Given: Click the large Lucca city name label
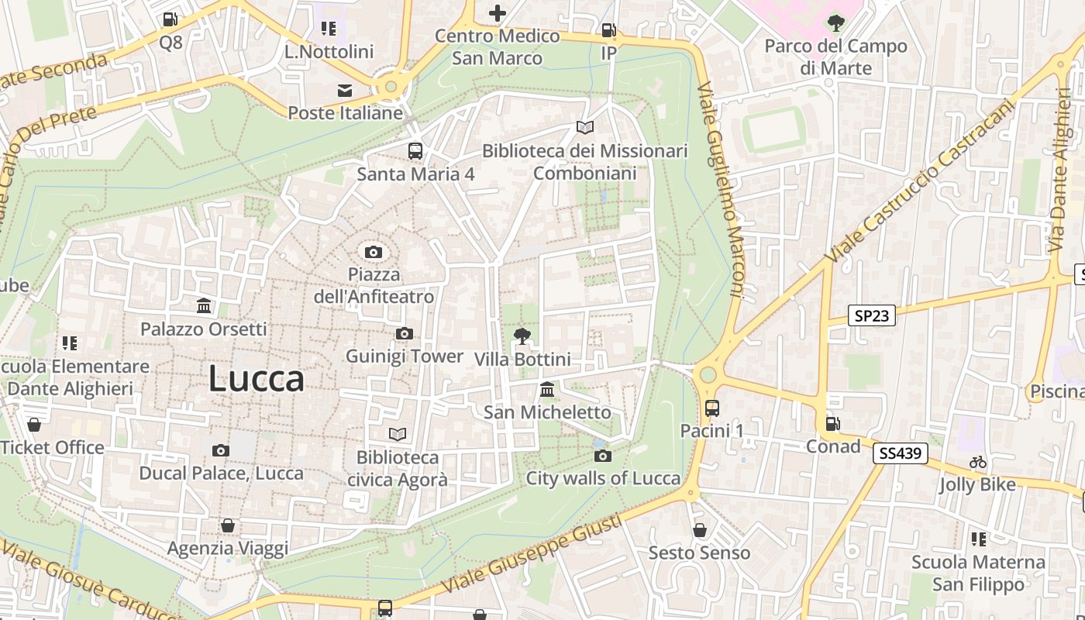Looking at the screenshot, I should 256,379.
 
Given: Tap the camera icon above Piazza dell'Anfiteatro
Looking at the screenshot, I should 374,252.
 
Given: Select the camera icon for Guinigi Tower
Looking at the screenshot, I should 404,334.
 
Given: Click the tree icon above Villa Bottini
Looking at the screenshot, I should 522,336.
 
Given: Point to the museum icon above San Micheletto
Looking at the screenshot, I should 547,389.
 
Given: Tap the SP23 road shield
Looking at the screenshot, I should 871,315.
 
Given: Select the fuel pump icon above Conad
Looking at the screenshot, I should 832,423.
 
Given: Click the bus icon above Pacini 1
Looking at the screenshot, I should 711,408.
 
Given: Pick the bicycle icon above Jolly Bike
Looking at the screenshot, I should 978,463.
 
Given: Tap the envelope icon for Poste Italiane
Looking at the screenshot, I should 345,91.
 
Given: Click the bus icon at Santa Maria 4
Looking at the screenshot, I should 415,151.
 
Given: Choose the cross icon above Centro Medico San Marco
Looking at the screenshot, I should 497,13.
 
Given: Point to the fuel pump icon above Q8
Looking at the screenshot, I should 170,19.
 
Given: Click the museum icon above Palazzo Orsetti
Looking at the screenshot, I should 204,306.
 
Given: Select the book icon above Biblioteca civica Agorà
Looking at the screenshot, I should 398,435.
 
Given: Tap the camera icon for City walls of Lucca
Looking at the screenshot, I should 602,456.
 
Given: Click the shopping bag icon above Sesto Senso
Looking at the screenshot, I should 699,530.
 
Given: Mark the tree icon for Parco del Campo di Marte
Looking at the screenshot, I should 835,23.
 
